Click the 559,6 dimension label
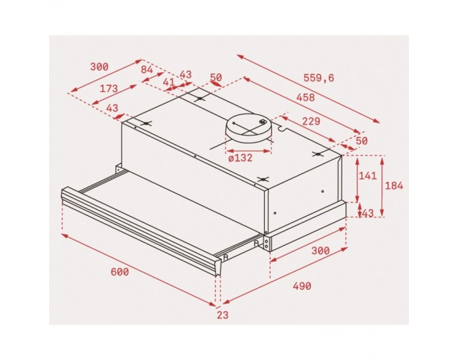[319, 78]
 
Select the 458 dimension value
[305, 98]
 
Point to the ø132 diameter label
[239, 158]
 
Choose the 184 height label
[394, 186]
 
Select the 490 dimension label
[301, 286]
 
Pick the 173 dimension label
[108, 88]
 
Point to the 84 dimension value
[147, 69]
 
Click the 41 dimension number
[169, 82]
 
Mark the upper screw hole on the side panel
[322, 191]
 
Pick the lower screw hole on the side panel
[275, 212]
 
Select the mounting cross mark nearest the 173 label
[147, 124]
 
